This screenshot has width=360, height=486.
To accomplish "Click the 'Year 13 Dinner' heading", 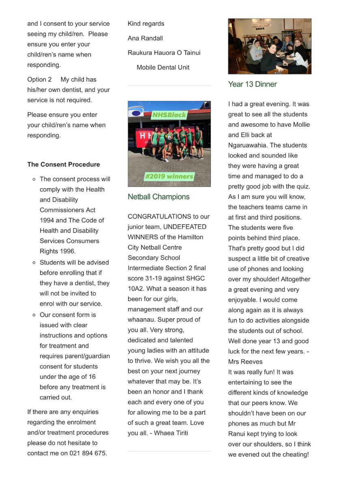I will [x=252, y=84].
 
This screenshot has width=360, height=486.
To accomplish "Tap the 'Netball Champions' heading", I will [x=159, y=197].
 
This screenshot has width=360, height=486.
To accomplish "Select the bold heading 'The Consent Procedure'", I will [x=63, y=164].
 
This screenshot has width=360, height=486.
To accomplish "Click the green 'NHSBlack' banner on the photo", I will [x=169, y=115].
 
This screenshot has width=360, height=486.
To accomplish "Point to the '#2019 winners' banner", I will [x=169, y=176].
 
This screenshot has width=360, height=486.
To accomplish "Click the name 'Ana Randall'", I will [x=145, y=38].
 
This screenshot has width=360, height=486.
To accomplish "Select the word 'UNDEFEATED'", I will [x=184, y=227].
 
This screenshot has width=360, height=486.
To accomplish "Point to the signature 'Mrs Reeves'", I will [x=245, y=362].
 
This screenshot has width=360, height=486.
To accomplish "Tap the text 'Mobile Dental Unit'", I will [x=163, y=67].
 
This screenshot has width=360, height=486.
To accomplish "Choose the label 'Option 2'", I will [x=39, y=79].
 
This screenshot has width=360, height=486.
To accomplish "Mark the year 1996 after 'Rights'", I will [x=66, y=251].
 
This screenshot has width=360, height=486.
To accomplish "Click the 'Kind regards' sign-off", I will [x=146, y=23].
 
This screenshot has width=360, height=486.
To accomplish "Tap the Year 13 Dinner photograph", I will [x=270, y=46].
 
